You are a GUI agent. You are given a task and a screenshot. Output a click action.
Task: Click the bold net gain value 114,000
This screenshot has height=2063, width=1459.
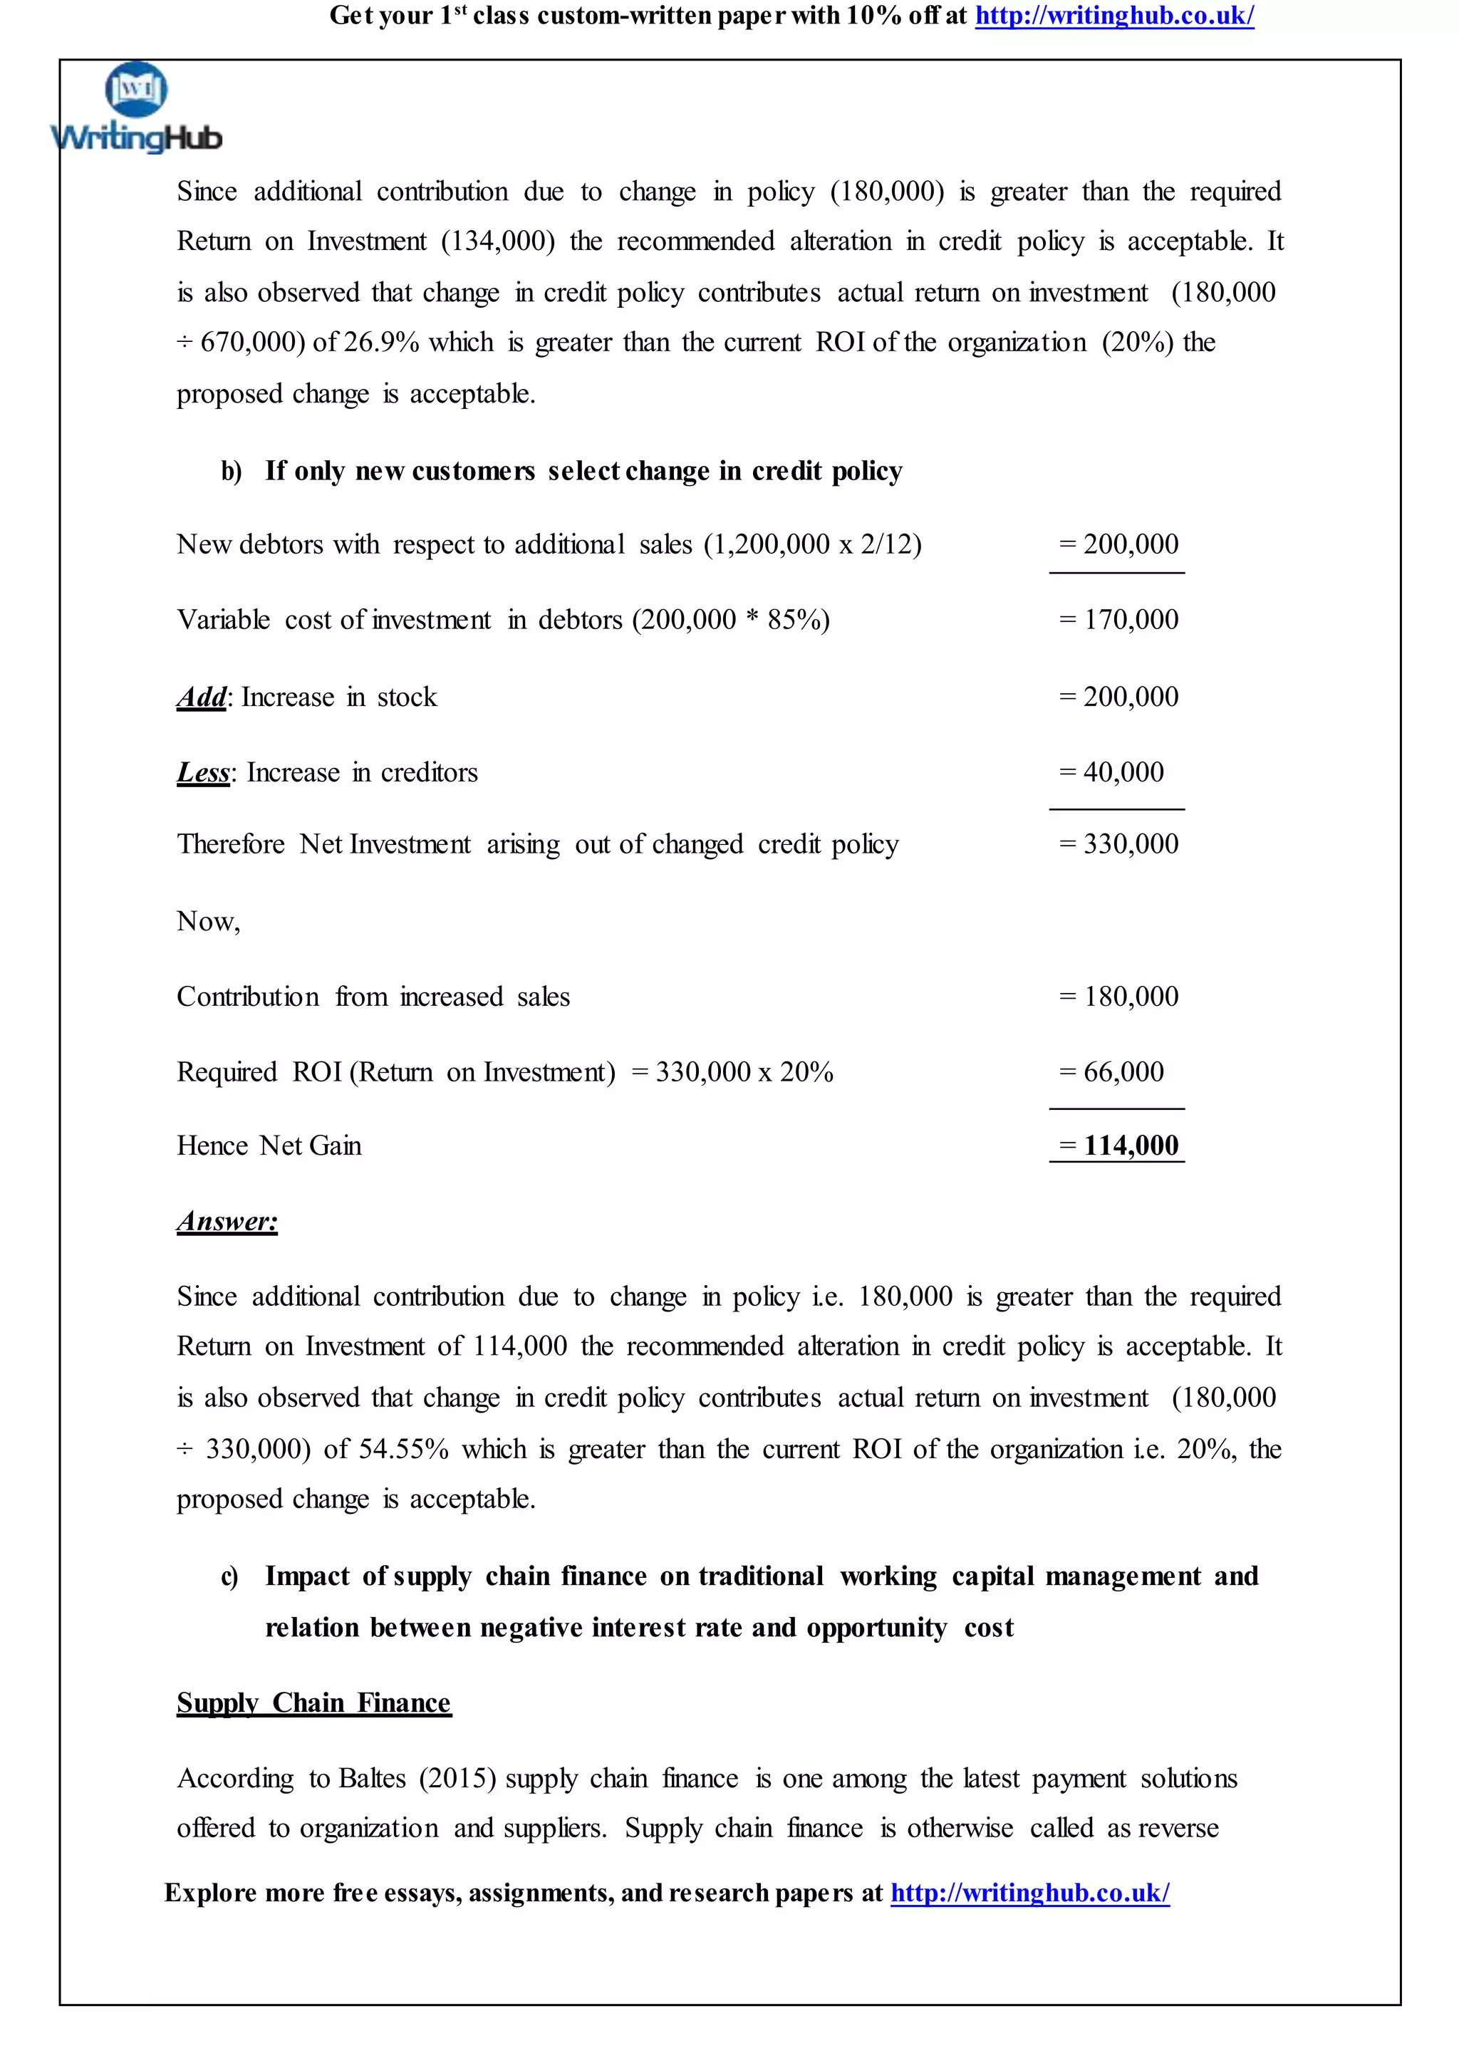coord(1130,1145)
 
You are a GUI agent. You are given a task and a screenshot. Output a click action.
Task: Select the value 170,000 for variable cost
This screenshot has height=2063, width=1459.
coord(1130,619)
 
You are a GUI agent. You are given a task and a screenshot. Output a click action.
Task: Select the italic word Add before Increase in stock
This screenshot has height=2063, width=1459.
coord(201,697)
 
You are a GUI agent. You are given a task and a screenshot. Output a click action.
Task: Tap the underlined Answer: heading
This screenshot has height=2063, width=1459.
coord(227,1221)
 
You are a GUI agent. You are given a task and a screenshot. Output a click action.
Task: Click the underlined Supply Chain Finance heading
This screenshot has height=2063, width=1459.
coord(313,1703)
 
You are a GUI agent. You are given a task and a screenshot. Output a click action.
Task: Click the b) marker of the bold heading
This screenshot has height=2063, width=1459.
coord(231,472)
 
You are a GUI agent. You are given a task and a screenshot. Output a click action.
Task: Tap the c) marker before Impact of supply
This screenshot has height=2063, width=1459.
coord(230,1577)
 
